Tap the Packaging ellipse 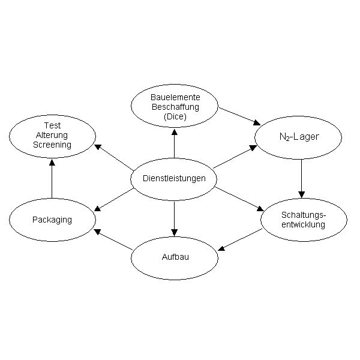52,220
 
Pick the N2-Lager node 299,137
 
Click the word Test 52,127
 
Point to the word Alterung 52,136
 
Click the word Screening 52,145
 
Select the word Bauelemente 175,97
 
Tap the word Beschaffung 175,106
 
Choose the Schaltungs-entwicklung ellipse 303,220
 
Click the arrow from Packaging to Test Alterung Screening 52,179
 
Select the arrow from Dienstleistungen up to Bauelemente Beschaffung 175,145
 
